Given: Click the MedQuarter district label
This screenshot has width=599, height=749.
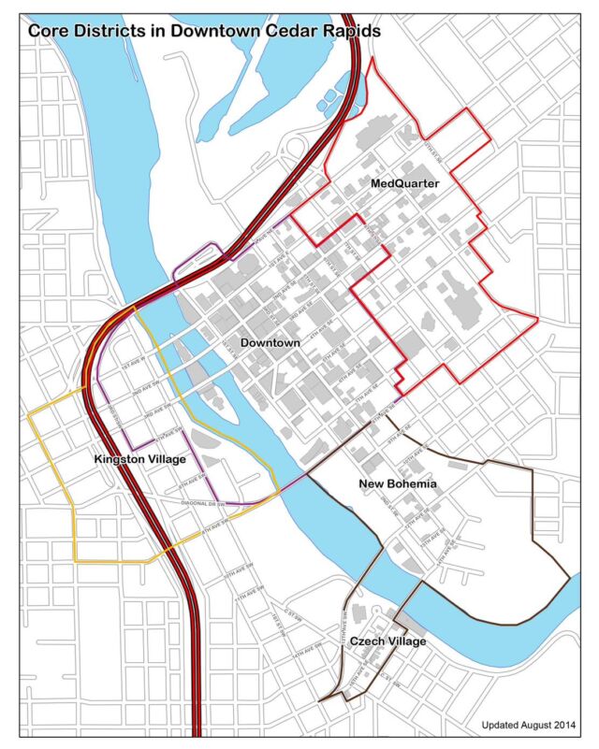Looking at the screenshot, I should coord(404,184).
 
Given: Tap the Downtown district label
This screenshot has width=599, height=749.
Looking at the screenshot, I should coord(270,343).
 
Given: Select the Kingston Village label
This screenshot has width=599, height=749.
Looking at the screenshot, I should coord(140,460).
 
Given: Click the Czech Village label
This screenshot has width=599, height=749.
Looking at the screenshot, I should coord(387,641).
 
